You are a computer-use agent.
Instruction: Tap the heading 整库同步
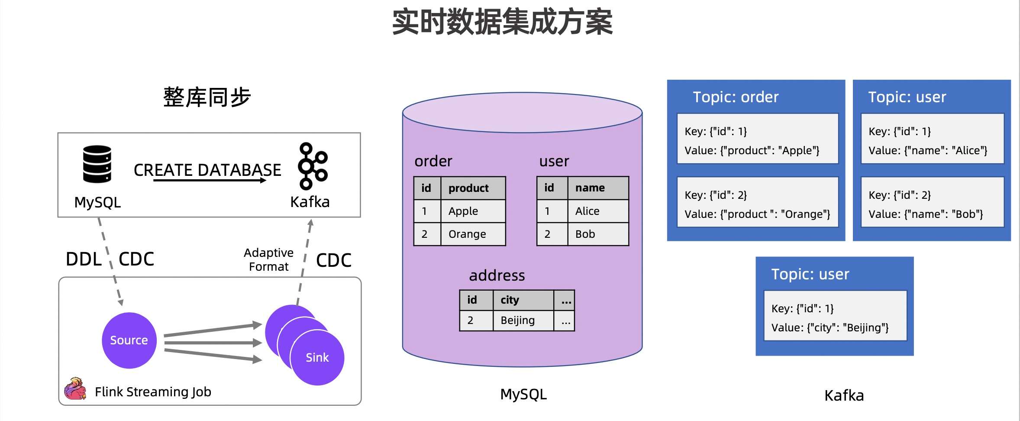coord(207,97)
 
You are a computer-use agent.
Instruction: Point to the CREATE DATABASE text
coord(207,170)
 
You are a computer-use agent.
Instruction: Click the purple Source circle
coord(129,340)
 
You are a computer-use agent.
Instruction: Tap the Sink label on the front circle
coord(317,358)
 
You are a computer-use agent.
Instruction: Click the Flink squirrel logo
coord(75,389)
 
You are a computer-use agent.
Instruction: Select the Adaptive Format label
coord(268,259)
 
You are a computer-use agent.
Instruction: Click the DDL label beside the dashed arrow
coord(84,259)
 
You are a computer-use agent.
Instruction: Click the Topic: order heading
coord(736,97)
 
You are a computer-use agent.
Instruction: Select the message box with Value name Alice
coord(932,139)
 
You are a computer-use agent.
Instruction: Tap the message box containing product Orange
coord(757,202)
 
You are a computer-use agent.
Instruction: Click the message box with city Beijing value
coord(835,316)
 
